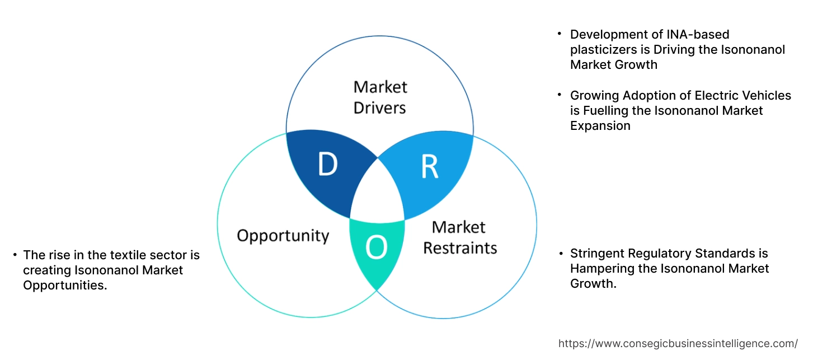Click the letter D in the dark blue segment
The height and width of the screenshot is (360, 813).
point(328,165)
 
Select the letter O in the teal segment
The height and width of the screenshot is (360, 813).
point(377,248)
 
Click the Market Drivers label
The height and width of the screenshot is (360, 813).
point(380,97)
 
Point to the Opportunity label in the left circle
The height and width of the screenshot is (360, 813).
point(283,235)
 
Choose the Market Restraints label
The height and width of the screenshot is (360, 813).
point(459,237)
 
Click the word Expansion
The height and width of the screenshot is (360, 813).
point(600,125)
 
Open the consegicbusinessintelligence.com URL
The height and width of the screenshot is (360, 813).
point(678,343)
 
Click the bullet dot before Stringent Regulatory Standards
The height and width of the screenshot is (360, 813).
point(560,254)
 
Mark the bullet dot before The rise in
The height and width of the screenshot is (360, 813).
point(15,255)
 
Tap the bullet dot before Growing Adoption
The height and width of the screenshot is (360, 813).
point(560,96)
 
